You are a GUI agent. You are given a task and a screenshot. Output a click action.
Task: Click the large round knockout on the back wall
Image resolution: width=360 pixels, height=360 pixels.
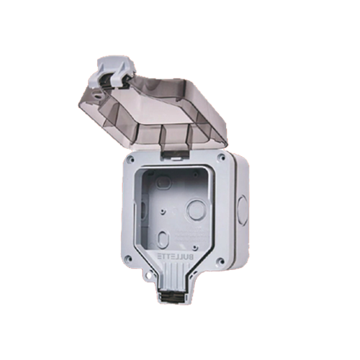(197, 210)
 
